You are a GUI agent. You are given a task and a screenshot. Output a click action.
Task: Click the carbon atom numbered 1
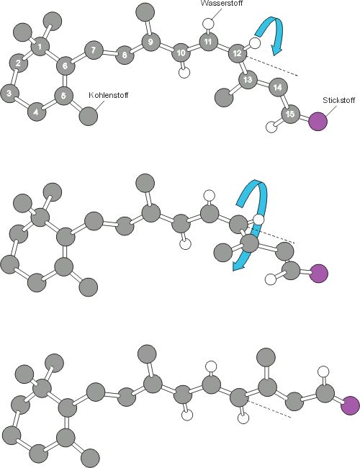[40, 47]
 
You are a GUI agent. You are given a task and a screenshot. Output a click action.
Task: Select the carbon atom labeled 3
[9, 94]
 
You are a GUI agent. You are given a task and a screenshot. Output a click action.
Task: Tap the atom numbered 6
[65, 66]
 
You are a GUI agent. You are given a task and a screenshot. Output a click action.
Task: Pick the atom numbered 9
[150, 42]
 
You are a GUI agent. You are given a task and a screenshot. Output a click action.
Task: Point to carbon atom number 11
[208, 42]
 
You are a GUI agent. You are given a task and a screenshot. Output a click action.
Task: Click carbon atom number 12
[238, 53]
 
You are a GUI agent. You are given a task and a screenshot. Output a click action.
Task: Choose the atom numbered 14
[278, 87]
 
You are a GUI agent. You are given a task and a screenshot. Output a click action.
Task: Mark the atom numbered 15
[290, 114]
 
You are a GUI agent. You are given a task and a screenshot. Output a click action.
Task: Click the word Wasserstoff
[222, 4]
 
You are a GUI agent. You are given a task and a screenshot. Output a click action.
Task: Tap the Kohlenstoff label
[109, 95]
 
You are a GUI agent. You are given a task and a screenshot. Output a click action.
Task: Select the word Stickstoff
[339, 100]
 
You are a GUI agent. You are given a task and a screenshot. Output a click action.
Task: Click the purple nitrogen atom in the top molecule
[318, 121]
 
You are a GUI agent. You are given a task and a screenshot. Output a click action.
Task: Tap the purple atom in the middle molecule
[318, 273]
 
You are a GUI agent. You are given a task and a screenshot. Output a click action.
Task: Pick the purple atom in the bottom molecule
[351, 405]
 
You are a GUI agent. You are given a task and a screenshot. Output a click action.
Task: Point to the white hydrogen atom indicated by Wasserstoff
[208, 23]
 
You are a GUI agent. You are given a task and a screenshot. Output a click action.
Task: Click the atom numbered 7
[94, 50]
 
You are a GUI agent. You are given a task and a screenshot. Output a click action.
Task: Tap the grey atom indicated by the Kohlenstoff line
[89, 116]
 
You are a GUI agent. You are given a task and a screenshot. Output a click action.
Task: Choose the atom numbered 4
[37, 112]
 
